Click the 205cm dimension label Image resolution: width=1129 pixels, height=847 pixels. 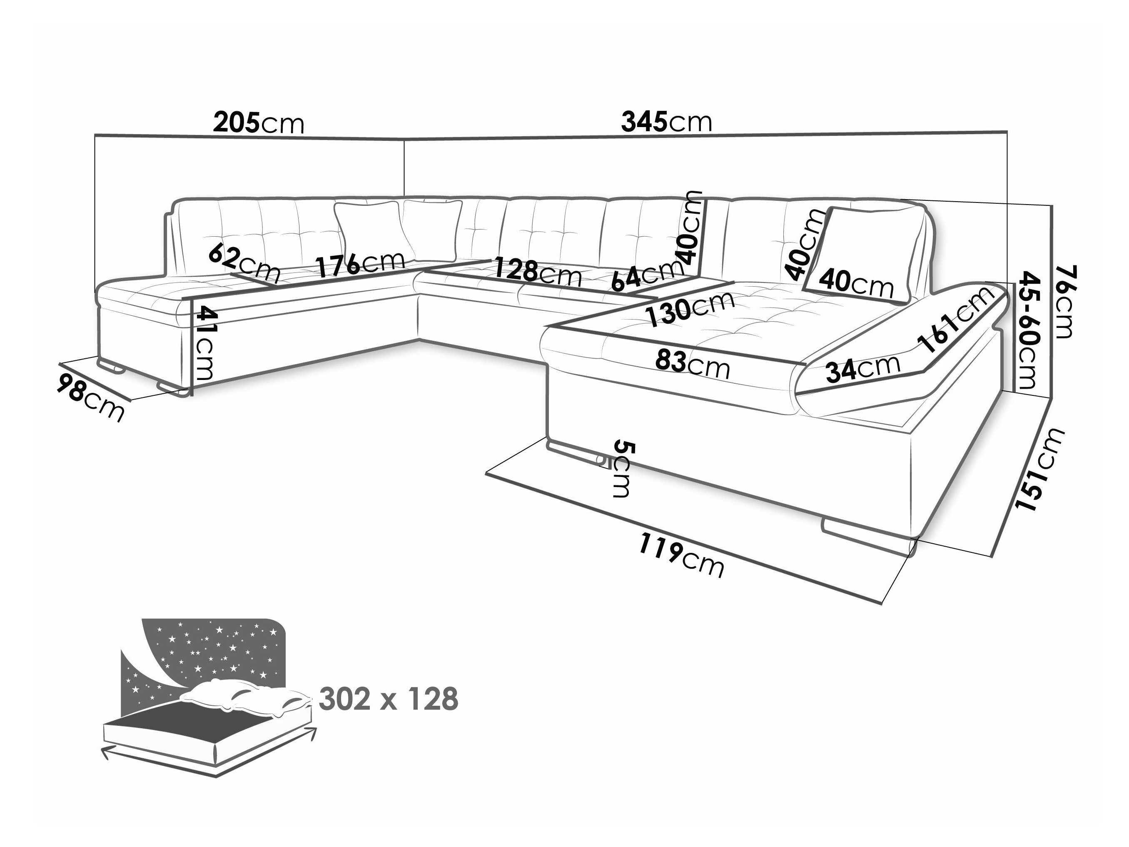point(258,123)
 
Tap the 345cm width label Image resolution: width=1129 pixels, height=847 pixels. point(665,122)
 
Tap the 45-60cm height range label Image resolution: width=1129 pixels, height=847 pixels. point(1029,330)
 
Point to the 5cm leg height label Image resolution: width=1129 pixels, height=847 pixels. point(622,469)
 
